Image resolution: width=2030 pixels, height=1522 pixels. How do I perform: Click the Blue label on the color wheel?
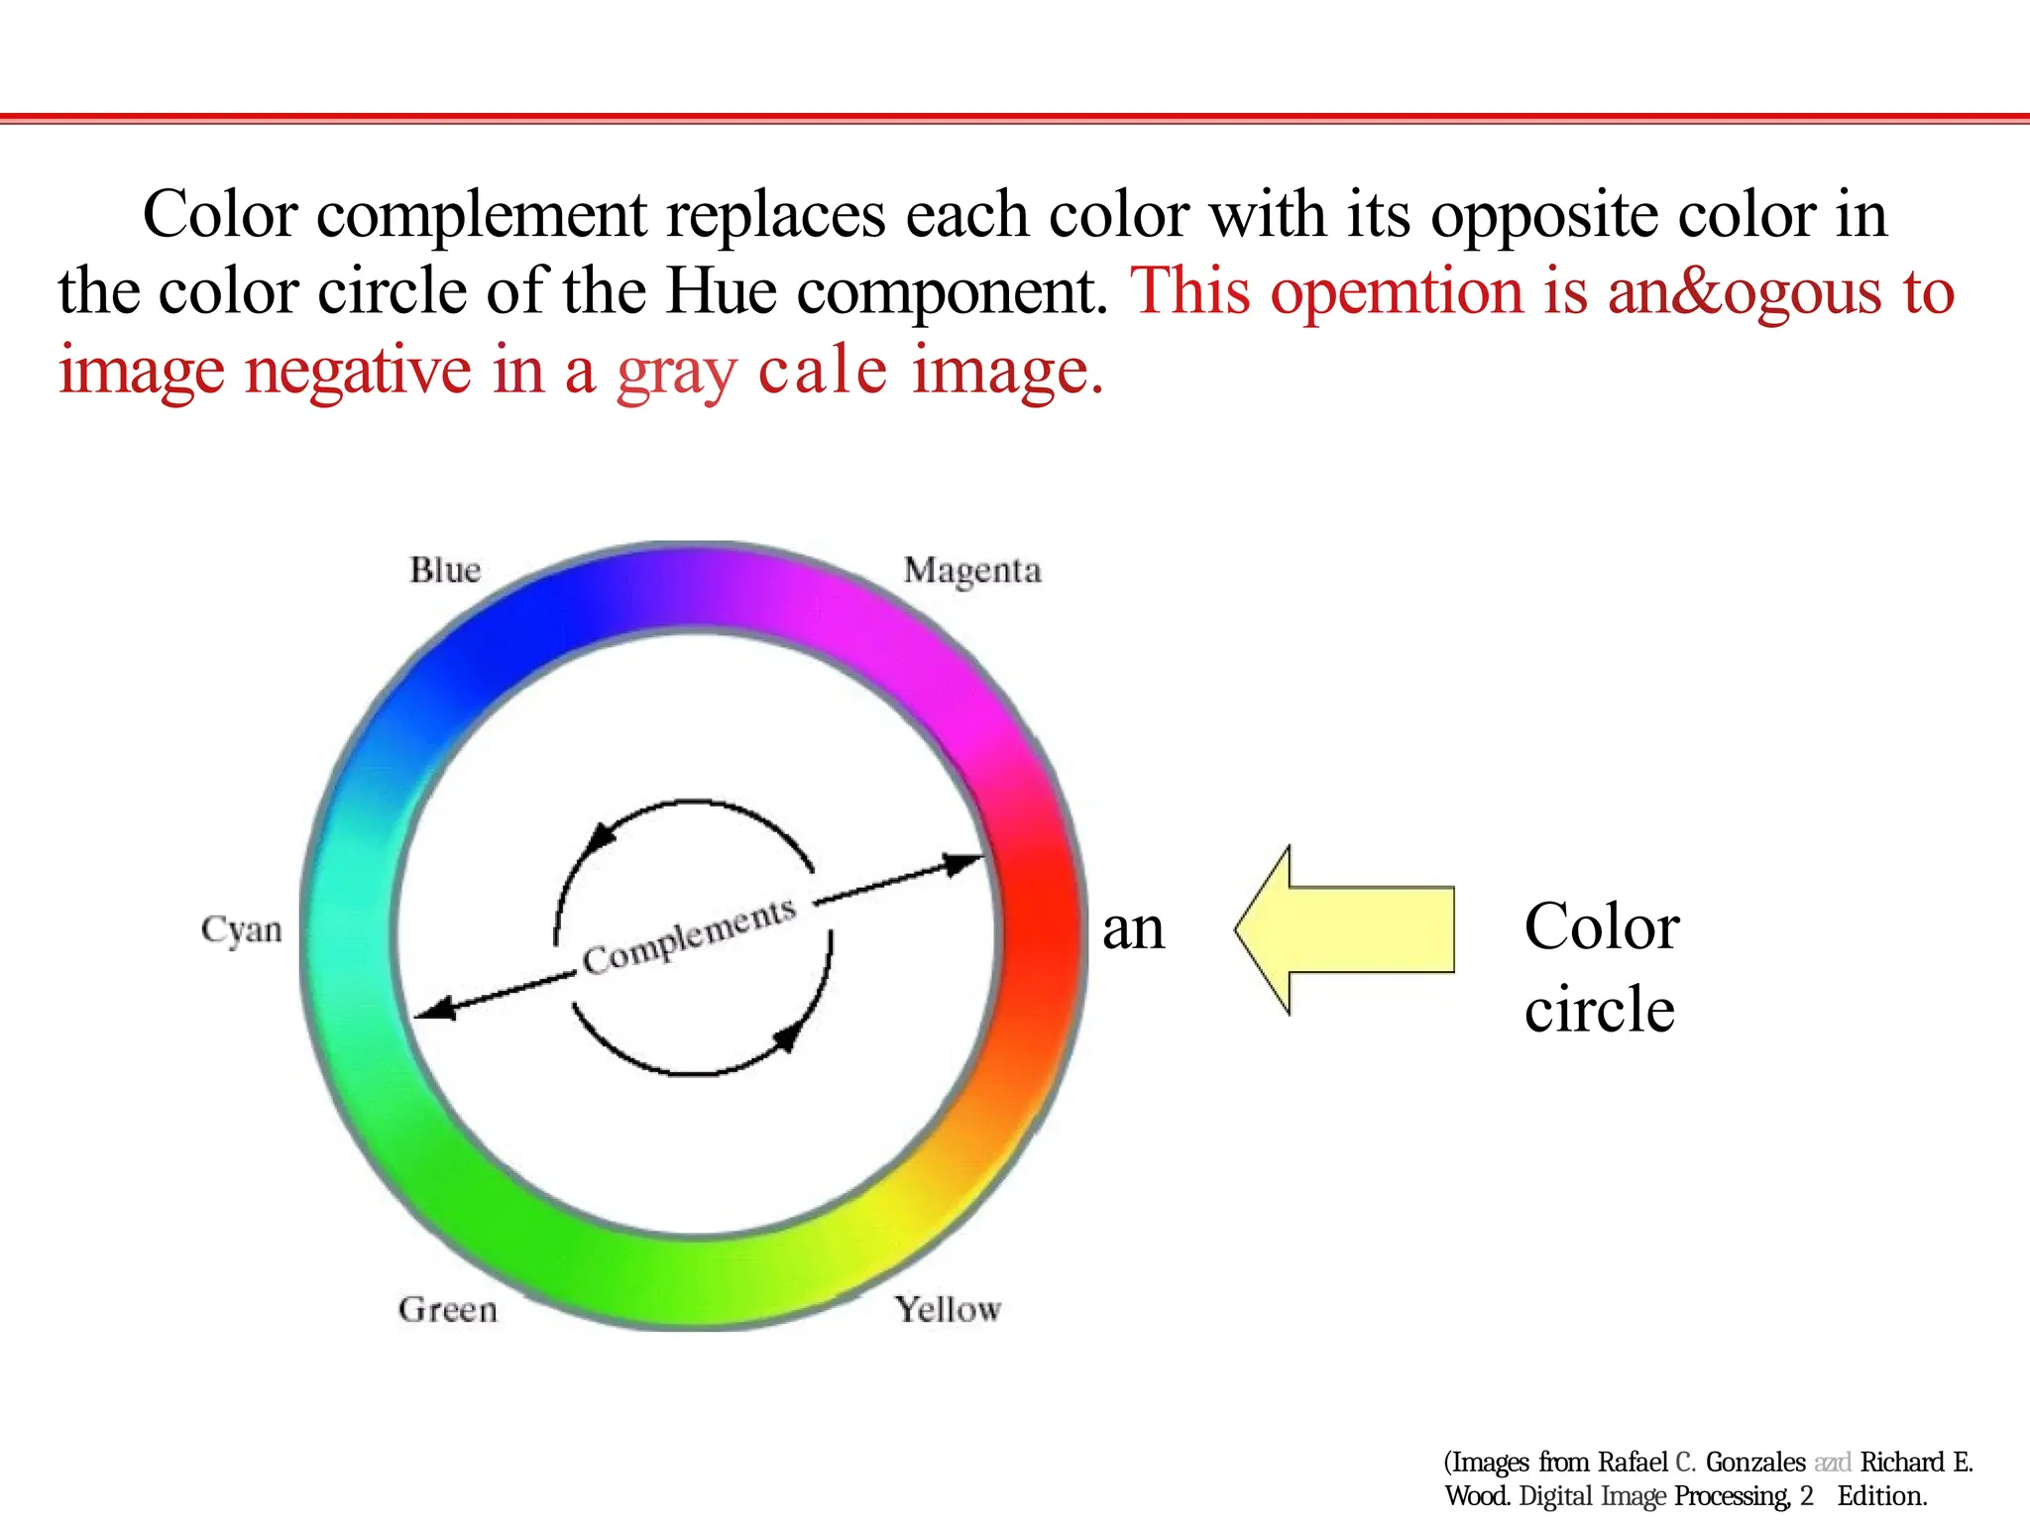(445, 571)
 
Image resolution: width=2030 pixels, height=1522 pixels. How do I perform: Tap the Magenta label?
(972, 572)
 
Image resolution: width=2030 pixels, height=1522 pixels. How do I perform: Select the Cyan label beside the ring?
(241, 930)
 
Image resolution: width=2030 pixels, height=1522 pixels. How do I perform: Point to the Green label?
(448, 1310)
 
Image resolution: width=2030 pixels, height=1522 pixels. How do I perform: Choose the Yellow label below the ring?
(948, 1310)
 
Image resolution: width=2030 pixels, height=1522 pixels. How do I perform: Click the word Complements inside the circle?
(690, 935)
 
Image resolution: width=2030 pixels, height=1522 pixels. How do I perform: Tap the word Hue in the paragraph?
(721, 291)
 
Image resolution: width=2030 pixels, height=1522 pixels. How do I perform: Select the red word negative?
(358, 371)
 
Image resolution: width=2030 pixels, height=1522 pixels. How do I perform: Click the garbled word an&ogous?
(1744, 291)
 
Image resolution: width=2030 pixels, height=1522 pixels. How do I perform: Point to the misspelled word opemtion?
(1397, 291)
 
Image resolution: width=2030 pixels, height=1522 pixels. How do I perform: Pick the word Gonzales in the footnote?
(1755, 1463)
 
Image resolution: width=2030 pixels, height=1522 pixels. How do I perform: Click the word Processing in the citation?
(1733, 1496)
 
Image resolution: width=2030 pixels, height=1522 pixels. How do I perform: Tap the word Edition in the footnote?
(1881, 1496)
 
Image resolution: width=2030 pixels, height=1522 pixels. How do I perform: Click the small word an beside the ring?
(1133, 929)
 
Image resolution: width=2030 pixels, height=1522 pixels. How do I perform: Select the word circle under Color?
(1599, 1010)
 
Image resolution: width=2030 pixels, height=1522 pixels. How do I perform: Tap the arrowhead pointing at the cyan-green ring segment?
(434, 1010)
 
